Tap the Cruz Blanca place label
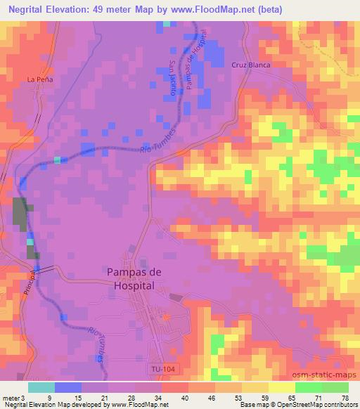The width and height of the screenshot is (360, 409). pyautogui.click(x=251, y=64)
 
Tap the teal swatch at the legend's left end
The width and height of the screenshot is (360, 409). pyautogui.click(x=41, y=387)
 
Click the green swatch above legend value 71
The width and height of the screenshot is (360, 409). pyautogui.click(x=309, y=387)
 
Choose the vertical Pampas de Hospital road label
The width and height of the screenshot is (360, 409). pyautogui.click(x=196, y=59)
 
